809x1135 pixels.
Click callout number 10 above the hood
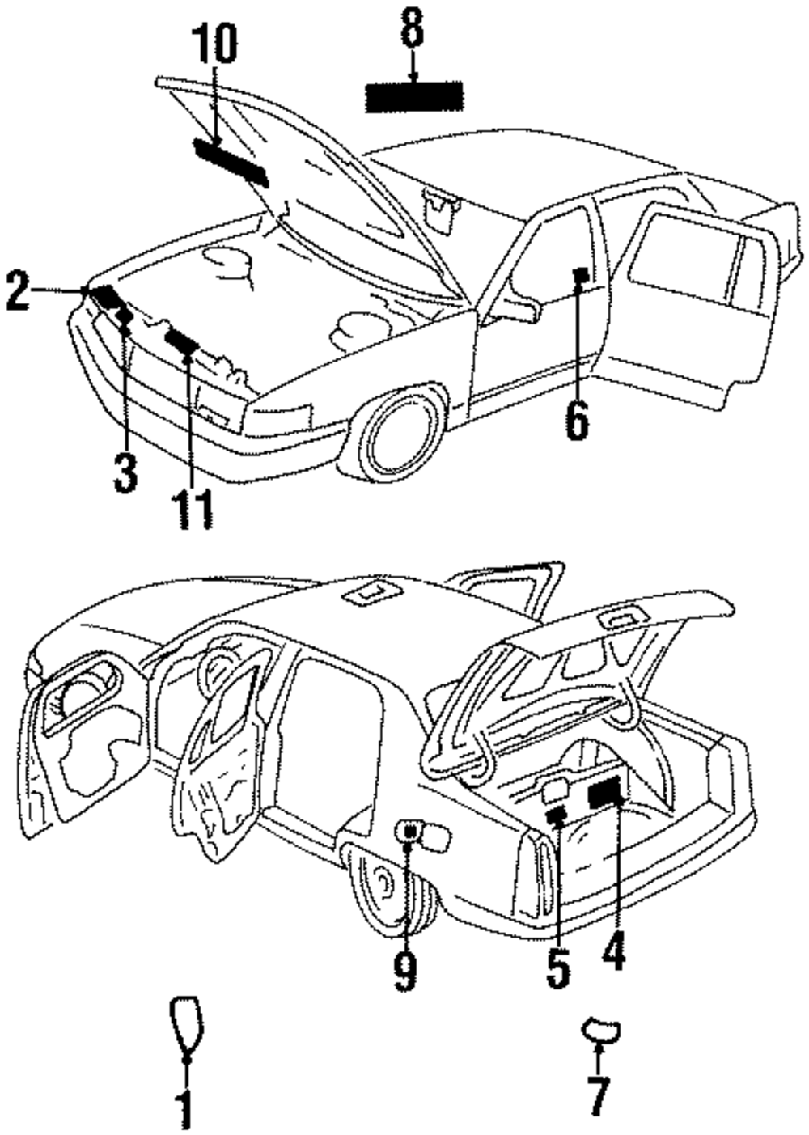point(214,45)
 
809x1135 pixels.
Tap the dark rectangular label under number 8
point(414,97)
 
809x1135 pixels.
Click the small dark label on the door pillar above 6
point(580,275)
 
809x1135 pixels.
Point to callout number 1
point(185,1109)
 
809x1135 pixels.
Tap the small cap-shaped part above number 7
point(599,1029)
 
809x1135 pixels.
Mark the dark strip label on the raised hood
point(231,161)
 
